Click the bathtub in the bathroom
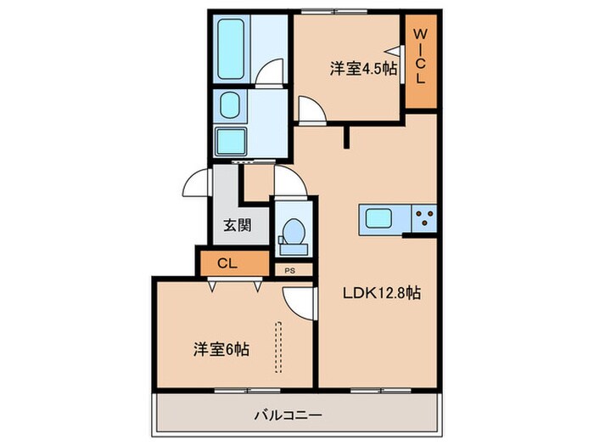pyautogui.click(x=231, y=47)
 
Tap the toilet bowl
pyautogui.click(x=292, y=231)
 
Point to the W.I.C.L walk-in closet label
pyautogui.click(x=420, y=55)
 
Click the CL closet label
pyautogui.click(x=227, y=262)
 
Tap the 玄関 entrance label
pyautogui.click(x=238, y=226)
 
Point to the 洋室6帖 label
pyautogui.click(x=221, y=348)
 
